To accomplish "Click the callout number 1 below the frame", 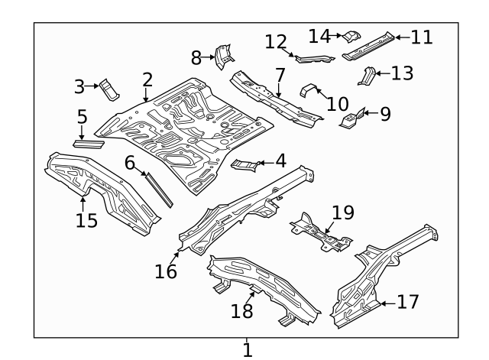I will pos(247,349).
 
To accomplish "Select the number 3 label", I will pos(79,86).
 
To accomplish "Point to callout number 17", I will pos(409,303).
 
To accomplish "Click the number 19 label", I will pos(344,212).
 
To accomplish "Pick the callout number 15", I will pos(87,220).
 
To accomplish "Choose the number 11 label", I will pos(421,37).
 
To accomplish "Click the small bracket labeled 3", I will pos(110,89).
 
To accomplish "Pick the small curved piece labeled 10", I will pos(309,90).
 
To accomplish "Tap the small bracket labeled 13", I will pos(366,76).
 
